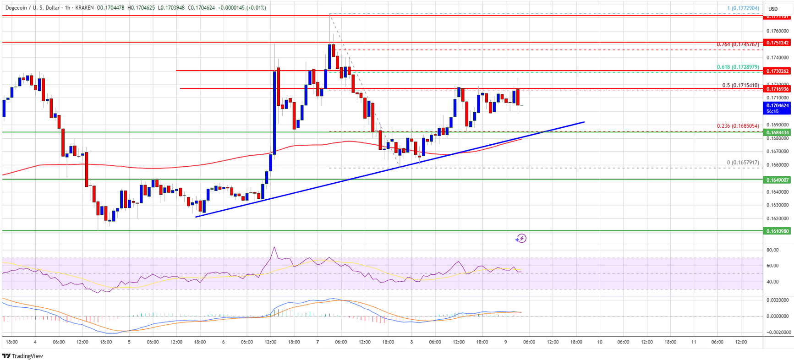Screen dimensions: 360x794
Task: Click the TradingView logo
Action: pyautogui.click(x=22, y=356)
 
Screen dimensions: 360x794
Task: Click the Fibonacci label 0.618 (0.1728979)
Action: pyautogui.click(x=738, y=67)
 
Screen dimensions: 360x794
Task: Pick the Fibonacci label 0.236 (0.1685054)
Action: pyautogui.click(x=738, y=126)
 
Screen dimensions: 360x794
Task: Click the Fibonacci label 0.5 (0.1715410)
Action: pyautogui.click(x=740, y=85)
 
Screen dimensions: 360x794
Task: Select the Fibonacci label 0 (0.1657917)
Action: pyautogui.click(x=743, y=163)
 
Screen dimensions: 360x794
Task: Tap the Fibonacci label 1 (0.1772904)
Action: pyautogui.click(x=743, y=8)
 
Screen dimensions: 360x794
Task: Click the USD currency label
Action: pyautogui.click(x=773, y=9)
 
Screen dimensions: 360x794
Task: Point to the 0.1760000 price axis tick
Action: pyautogui.click(x=778, y=31)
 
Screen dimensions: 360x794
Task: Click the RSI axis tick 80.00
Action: pyautogui.click(x=772, y=250)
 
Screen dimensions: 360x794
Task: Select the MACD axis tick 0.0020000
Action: pyautogui.click(x=778, y=300)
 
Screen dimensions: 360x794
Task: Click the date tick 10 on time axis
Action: pyautogui.click(x=600, y=342)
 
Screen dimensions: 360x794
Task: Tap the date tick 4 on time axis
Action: pyautogui.click(x=35, y=342)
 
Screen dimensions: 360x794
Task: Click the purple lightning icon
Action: pyautogui.click(x=521, y=238)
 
